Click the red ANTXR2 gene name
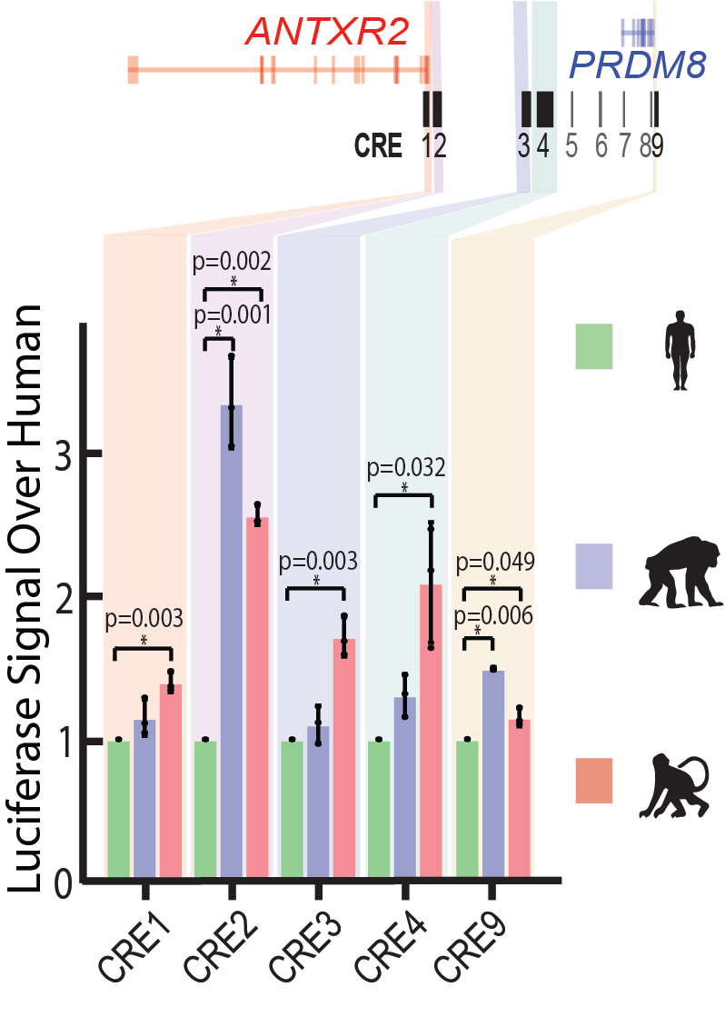[x=327, y=34]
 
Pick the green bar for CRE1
[x=118, y=810]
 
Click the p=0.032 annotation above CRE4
[x=406, y=469]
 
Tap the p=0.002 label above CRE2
[x=232, y=263]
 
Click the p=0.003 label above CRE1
[x=144, y=619]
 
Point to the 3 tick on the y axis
[x=63, y=455]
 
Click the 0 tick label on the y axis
[x=62, y=882]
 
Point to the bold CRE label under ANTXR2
[x=379, y=145]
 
